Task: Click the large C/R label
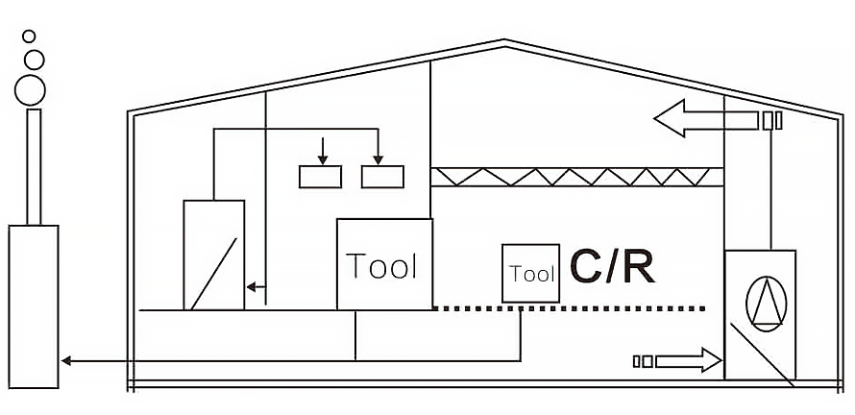coord(613,267)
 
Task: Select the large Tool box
coord(383,264)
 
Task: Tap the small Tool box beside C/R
coord(530,274)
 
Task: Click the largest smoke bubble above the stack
coord(31,89)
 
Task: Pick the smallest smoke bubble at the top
coord(29,37)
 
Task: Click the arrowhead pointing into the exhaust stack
coord(66,361)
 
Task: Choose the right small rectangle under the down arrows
coord(382,177)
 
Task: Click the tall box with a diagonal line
coord(213,255)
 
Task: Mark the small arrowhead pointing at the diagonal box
coord(251,286)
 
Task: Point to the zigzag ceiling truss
coord(576,176)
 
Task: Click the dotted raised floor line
coord(576,308)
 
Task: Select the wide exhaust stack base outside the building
coord(34,305)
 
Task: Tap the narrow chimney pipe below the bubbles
coord(34,165)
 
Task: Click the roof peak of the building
coord(503,42)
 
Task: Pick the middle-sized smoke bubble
coord(34,60)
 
